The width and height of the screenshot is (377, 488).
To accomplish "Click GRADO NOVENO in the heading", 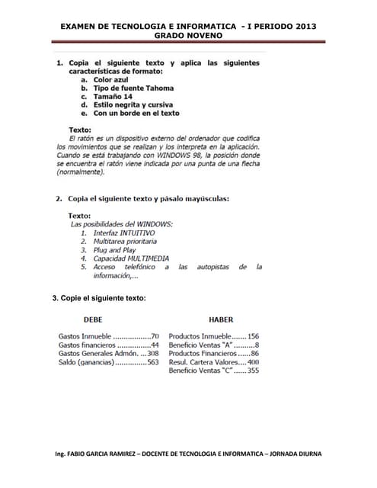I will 188,36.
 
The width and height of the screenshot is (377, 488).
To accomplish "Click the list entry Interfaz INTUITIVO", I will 123,233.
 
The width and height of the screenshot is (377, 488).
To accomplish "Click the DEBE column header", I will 93,319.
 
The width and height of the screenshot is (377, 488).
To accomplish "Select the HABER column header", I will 221,319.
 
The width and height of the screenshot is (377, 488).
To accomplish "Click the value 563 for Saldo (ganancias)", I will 152,362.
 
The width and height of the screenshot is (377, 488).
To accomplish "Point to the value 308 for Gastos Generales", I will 152,354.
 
